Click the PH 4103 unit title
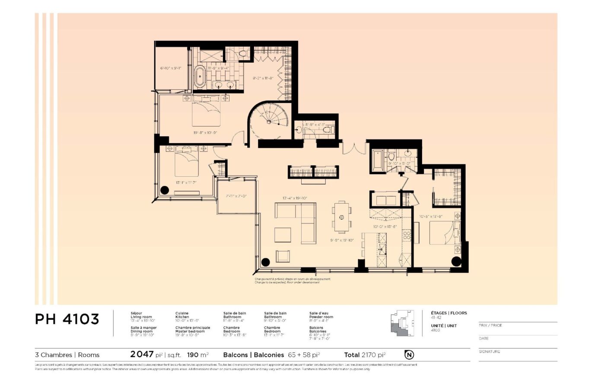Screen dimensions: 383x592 point(67,319)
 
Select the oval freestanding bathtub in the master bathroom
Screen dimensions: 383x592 point(200,77)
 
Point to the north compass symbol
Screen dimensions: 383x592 point(409,355)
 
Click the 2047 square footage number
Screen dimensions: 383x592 point(142,354)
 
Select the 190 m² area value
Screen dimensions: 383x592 point(198,355)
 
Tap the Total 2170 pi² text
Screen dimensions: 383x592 point(365,355)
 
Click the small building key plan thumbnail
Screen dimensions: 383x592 point(402,323)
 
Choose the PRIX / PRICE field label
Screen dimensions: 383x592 point(490,325)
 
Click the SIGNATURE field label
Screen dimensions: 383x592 point(489,351)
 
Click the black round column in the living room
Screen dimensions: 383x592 point(265,262)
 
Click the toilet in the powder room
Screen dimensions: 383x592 point(327,129)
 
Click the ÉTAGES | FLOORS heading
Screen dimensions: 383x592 point(449,313)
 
